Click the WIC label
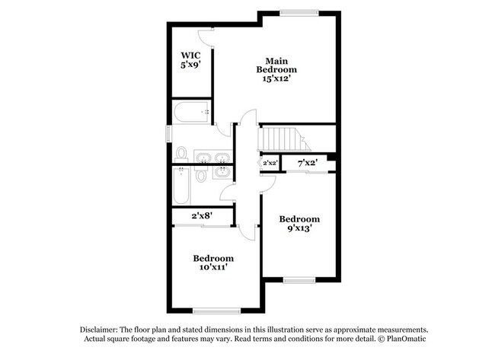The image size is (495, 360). pyautogui.click(x=190, y=56)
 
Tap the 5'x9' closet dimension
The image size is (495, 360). pyautogui.click(x=190, y=65)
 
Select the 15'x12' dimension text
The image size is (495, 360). pyautogui.click(x=275, y=78)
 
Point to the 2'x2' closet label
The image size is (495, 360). pyautogui.click(x=270, y=163)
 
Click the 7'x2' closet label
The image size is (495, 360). pyautogui.click(x=306, y=163)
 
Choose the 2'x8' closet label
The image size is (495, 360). pyautogui.click(x=200, y=216)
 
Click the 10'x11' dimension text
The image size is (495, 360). pyautogui.click(x=212, y=267)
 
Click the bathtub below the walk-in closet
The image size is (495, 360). pyautogui.click(x=191, y=113)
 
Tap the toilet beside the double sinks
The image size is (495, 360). pyautogui.click(x=181, y=155)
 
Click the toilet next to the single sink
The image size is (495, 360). pyautogui.click(x=201, y=176)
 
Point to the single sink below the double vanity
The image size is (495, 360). pyautogui.click(x=222, y=172)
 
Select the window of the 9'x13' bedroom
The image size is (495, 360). pyautogui.click(x=299, y=281)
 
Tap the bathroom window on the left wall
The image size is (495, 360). pyautogui.click(x=170, y=130)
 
